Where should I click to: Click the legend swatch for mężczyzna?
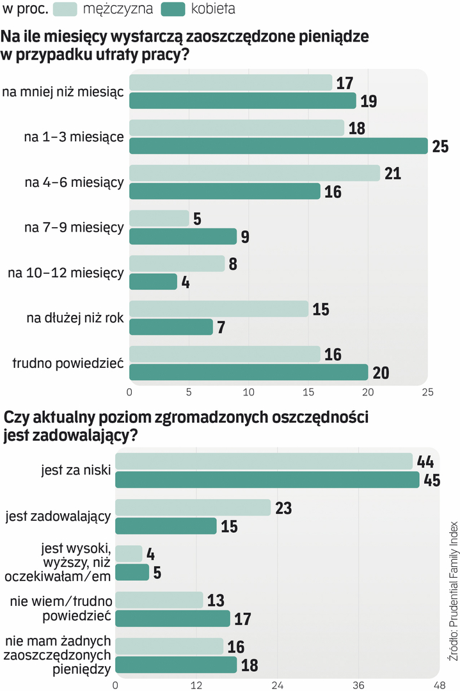click(x=65, y=9)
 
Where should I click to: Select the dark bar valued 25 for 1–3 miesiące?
click(x=278, y=146)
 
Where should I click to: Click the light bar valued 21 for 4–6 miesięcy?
click(x=255, y=173)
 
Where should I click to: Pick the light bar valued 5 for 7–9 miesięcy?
click(x=159, y=219)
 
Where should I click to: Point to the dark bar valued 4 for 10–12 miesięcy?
click(x=154, y=282)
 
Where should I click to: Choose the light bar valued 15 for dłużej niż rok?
click(x=219, y=309)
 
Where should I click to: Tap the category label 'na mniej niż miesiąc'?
click(x=63, y=92)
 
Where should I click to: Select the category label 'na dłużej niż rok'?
click(x=79, y=318)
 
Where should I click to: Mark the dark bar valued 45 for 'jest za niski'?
click(x=267, y=480)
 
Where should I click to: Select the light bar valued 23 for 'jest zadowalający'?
click(x=193, y=507)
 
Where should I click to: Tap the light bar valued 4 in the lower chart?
click(x=129, y=553)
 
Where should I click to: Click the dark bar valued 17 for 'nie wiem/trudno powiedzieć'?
click(x=172, y=619)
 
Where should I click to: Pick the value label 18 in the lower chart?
click(x=250, y=665)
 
